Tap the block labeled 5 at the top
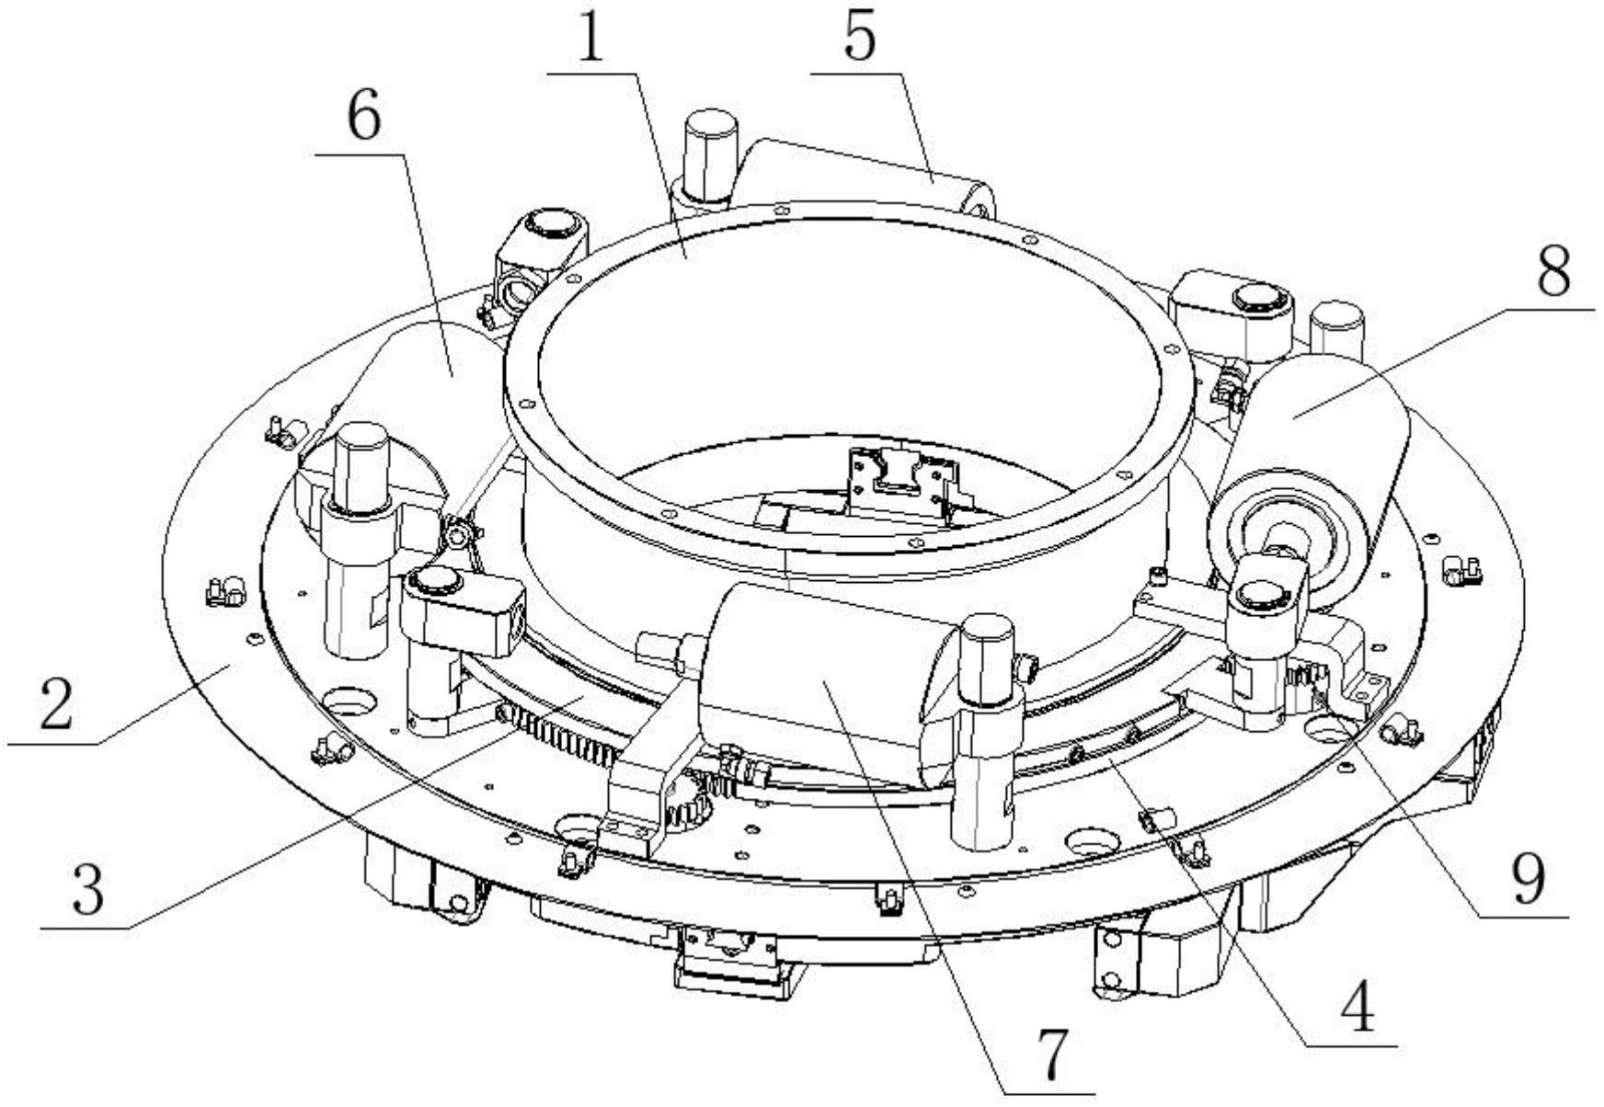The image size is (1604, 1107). [x=865, y=175]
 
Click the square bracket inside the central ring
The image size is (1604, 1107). [x=897, y=478]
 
